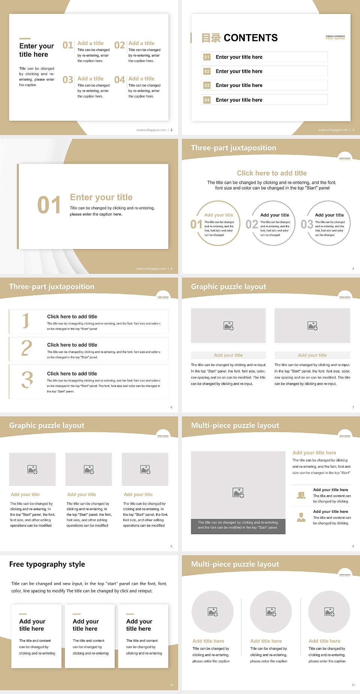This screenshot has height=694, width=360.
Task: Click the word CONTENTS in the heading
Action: coord(250,38)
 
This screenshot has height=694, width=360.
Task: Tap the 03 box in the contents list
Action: coord(207,86)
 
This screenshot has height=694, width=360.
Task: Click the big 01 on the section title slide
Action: coord(49,205)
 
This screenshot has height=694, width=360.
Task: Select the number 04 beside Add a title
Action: coord(120,80)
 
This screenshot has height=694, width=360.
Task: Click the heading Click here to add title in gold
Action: coord(271,173)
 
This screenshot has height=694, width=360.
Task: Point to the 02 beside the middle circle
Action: coord(252,224)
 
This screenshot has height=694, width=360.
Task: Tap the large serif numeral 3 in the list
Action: coord(27,380)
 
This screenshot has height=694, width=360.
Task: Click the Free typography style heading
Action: coord(47,564)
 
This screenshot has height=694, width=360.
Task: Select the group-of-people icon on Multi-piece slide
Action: coord(301,495)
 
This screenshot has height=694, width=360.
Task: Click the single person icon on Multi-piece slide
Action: coord(301,517)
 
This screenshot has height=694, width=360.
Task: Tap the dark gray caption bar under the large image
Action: coord(238,525)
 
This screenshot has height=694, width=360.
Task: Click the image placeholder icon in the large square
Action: coord(238,493)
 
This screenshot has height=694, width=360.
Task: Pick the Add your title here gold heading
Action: coord(314,453)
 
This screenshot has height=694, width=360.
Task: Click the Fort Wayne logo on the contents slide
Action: coord(335,38)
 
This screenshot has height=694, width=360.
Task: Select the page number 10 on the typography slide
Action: coord(171,685)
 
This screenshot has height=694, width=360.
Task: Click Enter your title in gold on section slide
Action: coord(101,197)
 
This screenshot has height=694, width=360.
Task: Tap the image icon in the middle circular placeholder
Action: coord(271,612)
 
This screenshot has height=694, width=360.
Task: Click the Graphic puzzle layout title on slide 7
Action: coord(228,287)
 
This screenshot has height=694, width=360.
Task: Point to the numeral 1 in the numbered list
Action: coord(26,321)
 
